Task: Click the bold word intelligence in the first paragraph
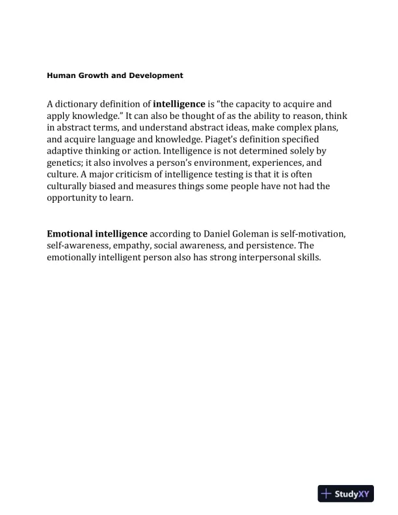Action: [x=179, y=103]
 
